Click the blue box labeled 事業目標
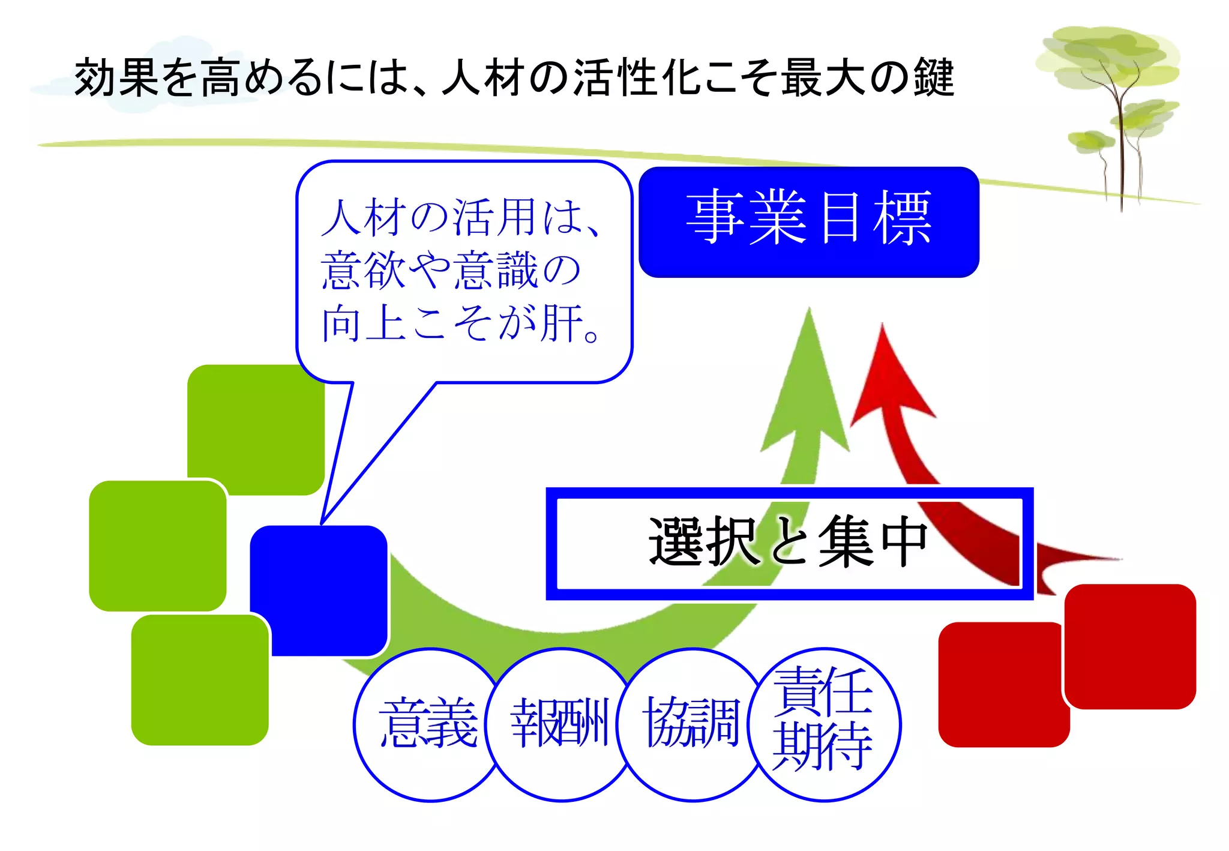tap(808, 221)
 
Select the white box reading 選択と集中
tap(789, 543)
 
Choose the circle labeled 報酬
tap(559, 724)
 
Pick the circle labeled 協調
tap(691, 724)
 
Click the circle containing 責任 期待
tap(824, 724)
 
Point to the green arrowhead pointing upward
tap(807, 384)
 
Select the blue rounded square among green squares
tap(318, 591)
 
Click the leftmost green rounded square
tap(157, 546)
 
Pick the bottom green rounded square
tap(200, 680)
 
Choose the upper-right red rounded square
tap(1130, 646)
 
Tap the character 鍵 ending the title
tap(933, 78)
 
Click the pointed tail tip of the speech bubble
tap(323, 522)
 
